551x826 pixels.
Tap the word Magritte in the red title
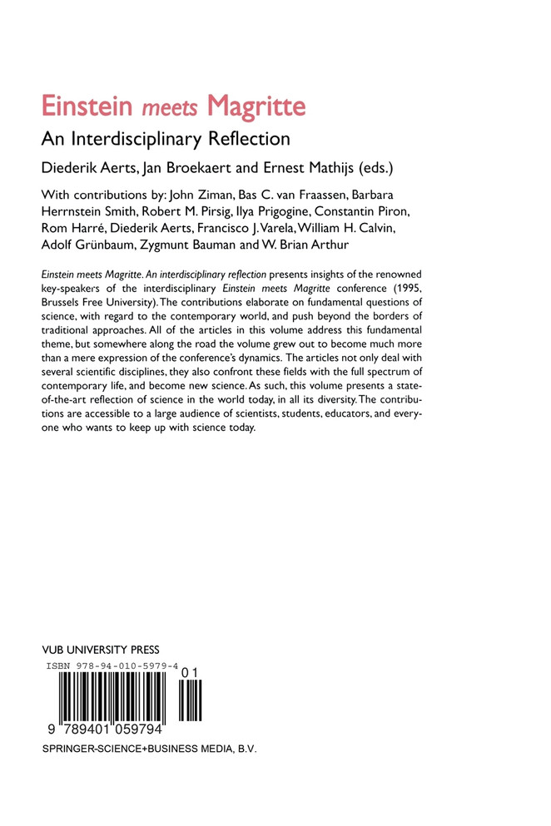coord(256,107)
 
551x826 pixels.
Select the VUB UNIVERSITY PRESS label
coord(100,650)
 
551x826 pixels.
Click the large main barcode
coord(107,698)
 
